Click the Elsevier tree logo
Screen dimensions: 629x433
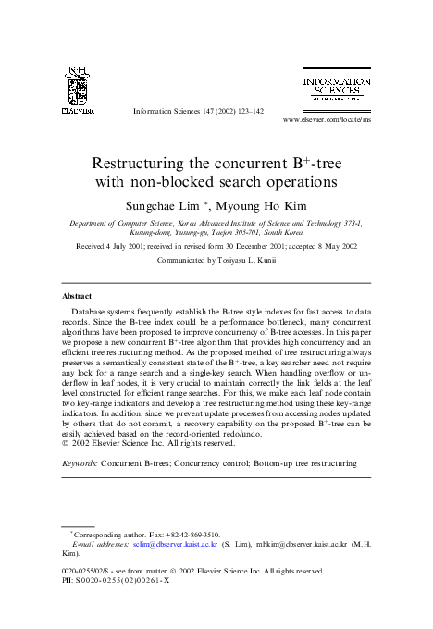(x=78, y=85)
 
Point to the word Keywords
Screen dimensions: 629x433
(x=80, y=460)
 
